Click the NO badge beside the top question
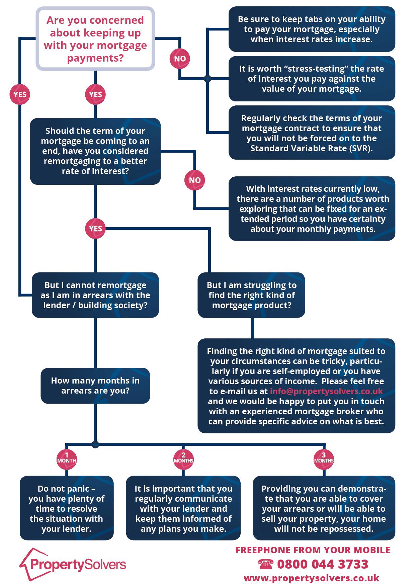click(x=180, y=59)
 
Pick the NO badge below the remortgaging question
click(x=195, y=180)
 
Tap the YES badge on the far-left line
click(x=20, y=94)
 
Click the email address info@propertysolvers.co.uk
click(x=326, y=391)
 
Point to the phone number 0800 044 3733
click(x=323, y=564)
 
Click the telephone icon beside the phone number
click(x=266, y=565)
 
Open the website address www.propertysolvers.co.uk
click(x=312, y=578)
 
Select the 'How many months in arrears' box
click(x=95, y=386)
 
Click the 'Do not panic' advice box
click(x=67, y=508)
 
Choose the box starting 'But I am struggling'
click(x=251, y=295)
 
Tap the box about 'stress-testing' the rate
click(x=312, y=79)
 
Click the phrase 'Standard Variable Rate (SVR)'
click(x=312, y=148)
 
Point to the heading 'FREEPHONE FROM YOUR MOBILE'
click(x=313, y=550)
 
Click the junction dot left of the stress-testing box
click(x=208, y=79)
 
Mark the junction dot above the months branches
click(x=95, y=444)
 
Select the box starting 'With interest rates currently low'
click(x=312, y=208)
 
